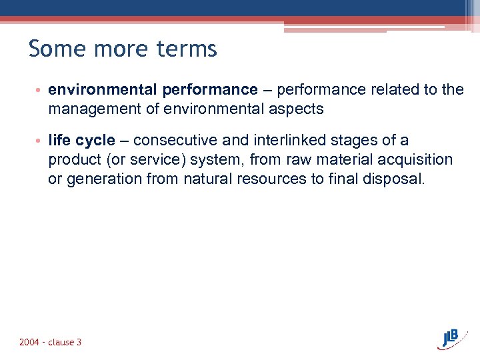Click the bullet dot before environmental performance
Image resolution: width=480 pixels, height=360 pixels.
(x=39, y=90)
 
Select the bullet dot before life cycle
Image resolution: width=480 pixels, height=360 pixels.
(x=39, y=141)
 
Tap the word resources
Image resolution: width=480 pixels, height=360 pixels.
(x=268, y=180)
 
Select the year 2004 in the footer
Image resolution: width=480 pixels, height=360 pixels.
(x=29, y=342)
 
